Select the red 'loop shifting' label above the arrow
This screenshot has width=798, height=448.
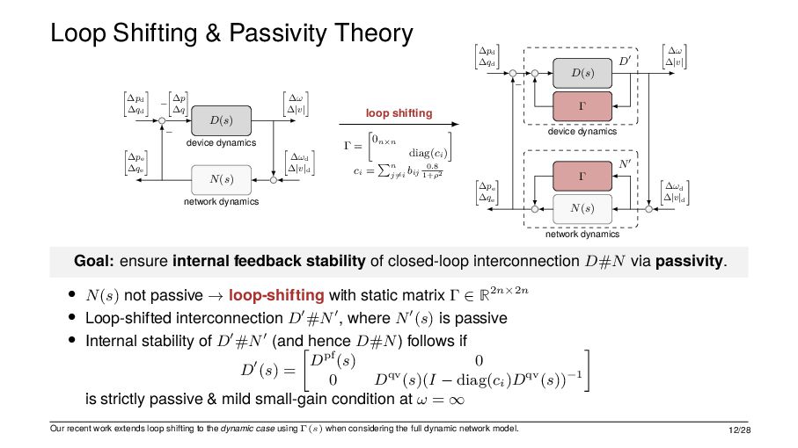pyautogui.click(x=399, y=113)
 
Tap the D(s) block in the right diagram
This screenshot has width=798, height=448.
pyautogui.click(x=582, y=71)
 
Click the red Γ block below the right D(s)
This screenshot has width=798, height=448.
pyautogui.click(x=582, y=105)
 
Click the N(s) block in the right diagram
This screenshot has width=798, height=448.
pyautogui.click(x=582, y=208)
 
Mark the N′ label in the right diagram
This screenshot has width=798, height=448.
pyautogui.click(x=626, y=164)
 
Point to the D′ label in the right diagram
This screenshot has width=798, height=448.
pyautogui.click(x=626, y=61)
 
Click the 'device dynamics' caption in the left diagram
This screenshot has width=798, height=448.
pyautogui.click(x=221, y=142)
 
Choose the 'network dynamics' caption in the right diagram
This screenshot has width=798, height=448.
pyautogui.click(x=582, y=235)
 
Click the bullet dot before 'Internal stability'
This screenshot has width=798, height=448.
pyautogui.click(x=72, y=338)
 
